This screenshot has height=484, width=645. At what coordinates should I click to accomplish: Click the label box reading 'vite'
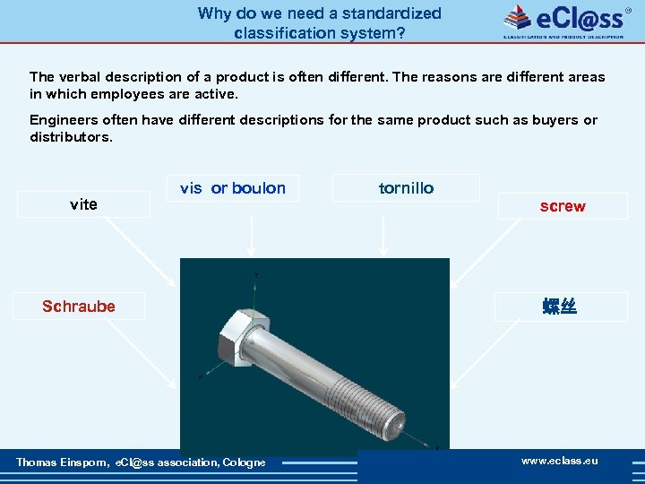[83, 204]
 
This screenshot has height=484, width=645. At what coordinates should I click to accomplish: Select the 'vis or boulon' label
[233, 188]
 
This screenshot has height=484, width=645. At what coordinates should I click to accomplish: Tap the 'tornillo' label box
[406, 188]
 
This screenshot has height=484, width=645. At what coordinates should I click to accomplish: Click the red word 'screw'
[563, 206]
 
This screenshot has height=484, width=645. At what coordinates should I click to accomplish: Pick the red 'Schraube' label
[79, 307]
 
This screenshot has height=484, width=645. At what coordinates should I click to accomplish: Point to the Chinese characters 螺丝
[559, 307]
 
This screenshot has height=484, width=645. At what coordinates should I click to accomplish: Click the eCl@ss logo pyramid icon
[518, 17]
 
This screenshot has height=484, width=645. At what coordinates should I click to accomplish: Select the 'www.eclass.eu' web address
[560, 461]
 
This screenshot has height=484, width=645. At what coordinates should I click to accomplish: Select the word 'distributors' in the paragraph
[70, 137]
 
